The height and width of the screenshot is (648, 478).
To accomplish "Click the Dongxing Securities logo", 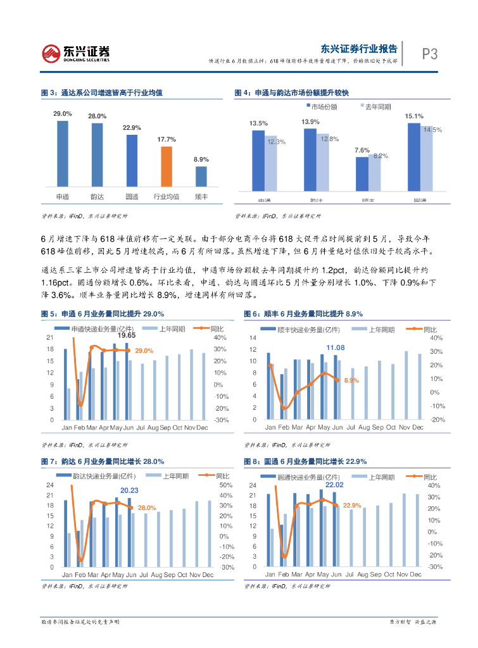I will (75, 54).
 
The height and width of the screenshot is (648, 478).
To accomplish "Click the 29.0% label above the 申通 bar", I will (62, 113).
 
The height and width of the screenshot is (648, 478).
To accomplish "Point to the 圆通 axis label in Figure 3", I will (132, 197).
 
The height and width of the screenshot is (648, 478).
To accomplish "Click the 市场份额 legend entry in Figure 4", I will (324, 106).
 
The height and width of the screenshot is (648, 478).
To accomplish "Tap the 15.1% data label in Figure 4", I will (414, 116).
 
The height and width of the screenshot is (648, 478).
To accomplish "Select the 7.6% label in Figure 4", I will (362, 150).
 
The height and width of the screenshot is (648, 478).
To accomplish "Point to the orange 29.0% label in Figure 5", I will (144, 351).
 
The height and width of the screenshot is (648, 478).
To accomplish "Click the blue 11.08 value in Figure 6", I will (336, 348).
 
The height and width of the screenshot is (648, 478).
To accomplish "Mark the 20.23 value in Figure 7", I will (129, 490).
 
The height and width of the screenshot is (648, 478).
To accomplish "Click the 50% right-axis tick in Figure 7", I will (227, 485).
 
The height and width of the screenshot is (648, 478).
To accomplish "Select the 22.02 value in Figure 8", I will (334, 485).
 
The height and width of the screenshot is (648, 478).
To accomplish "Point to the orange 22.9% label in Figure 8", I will (352, 506).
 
